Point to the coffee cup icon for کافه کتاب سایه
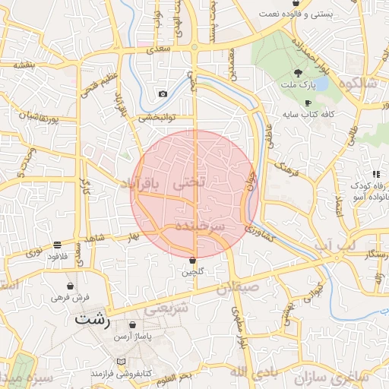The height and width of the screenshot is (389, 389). (x=308, y=103)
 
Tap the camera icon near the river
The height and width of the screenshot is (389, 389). (x=163, y=94)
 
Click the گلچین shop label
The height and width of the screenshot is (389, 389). (x=192, y=271)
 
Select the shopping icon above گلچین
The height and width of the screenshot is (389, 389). (x=192, y=260)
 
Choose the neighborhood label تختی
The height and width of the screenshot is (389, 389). (x=190, y=183)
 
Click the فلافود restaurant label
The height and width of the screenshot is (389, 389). (x=58, y=256)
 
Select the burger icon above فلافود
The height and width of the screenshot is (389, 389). (x=58, y=245)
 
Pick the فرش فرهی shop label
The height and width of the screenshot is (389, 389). (x=71, y=298)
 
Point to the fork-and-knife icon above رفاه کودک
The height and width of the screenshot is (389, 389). (x=376, y=174)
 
